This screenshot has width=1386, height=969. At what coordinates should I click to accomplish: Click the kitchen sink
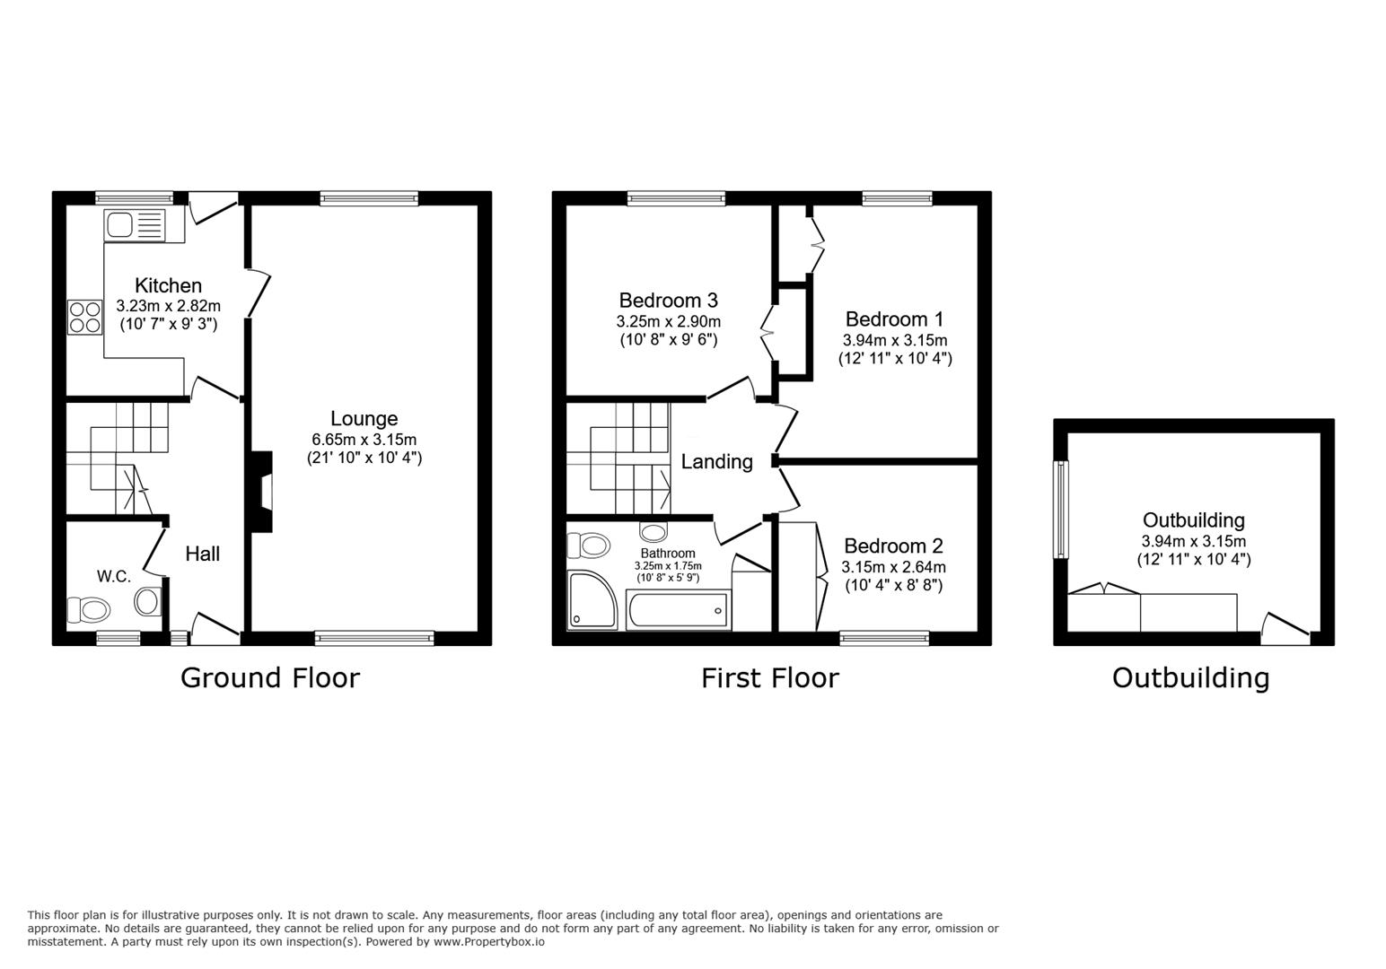(x=136, y=224)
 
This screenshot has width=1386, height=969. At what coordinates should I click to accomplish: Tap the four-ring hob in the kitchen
(x=84, y=318)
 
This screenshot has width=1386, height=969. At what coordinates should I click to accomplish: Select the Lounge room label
(x=364, y=419)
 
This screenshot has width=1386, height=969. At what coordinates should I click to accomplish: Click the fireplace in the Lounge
(x=262, y=492)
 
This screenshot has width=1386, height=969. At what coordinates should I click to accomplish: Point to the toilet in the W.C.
(x=89, y=610)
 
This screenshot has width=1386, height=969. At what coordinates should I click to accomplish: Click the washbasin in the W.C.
(x=148, y=601)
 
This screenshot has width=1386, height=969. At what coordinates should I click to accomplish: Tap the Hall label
(x=202, y=554)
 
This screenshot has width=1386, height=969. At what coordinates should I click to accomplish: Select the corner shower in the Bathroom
(x=592, y=600)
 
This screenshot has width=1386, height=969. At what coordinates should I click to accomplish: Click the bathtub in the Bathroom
(x=678, y=610)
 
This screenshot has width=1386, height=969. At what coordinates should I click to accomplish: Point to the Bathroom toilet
(x=589, y=546)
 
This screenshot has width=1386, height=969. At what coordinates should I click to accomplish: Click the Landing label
(x=716, y=462)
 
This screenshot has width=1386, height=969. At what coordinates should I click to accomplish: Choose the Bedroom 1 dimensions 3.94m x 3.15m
(x=895, y=340)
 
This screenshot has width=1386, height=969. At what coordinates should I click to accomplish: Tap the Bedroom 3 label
(x=668, y=301)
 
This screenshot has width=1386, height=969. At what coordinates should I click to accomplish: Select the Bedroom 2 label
(x=893, y=546)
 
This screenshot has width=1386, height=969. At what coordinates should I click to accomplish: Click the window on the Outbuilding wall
(x=1061, y=510)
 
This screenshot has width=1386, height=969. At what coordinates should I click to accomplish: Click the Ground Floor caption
(x=270, y=677)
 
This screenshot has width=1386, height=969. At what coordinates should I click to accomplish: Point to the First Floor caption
(x=769, y=677)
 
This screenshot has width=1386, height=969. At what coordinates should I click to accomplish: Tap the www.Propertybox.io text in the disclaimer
(x=489, y=942)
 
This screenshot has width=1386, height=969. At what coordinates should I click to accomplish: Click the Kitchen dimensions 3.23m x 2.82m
(x=168, y=306)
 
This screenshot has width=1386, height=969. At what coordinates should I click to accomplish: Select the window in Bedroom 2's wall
(x=884, y=638)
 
